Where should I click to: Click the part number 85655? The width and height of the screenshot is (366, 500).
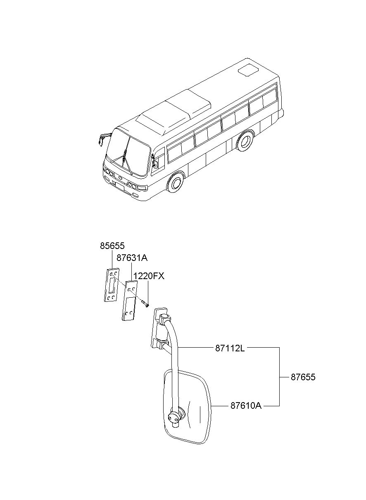(112, 246)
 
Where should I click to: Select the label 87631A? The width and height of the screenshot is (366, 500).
(132, 258)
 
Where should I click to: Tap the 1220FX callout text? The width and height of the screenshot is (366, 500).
(149, 276)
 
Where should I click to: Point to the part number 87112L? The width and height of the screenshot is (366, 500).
(230, 348)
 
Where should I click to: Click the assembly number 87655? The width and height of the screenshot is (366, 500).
(303, 377)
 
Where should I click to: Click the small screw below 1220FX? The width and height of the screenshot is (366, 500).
(145, 304)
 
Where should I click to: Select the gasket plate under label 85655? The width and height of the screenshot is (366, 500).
(112, 285)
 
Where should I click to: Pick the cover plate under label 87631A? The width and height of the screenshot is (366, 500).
(130, 301)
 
